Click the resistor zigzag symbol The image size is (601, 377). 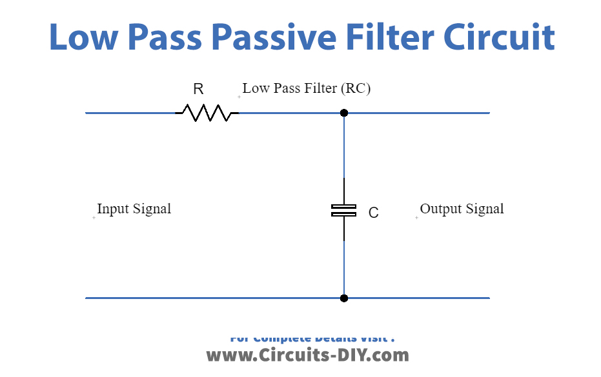(207, 113)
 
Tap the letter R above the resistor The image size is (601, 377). (198, 90)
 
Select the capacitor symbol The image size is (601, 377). (343, 209)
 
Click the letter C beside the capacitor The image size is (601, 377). (373, 213)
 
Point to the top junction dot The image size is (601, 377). (344, 113)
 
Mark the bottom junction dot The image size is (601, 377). (344, 298)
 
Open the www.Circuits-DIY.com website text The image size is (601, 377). (307, 355)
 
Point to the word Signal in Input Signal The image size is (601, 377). (152, 209)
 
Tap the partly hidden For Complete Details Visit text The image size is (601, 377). (312, 338)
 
